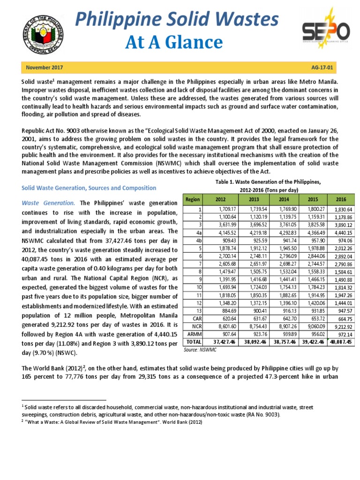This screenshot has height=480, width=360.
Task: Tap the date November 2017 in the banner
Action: pyautogui.click(x=45, y=67)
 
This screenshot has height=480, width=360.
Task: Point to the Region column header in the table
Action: pyautogui.click(x=193, y=199)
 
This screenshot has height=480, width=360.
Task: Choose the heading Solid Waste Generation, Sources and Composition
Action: pyautogui.click(x=89, y=188)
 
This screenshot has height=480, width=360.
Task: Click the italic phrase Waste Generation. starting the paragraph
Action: pyautogui.click(x=49, y=203)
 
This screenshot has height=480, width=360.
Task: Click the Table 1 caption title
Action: pyautogui.click(x=268, y=182)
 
